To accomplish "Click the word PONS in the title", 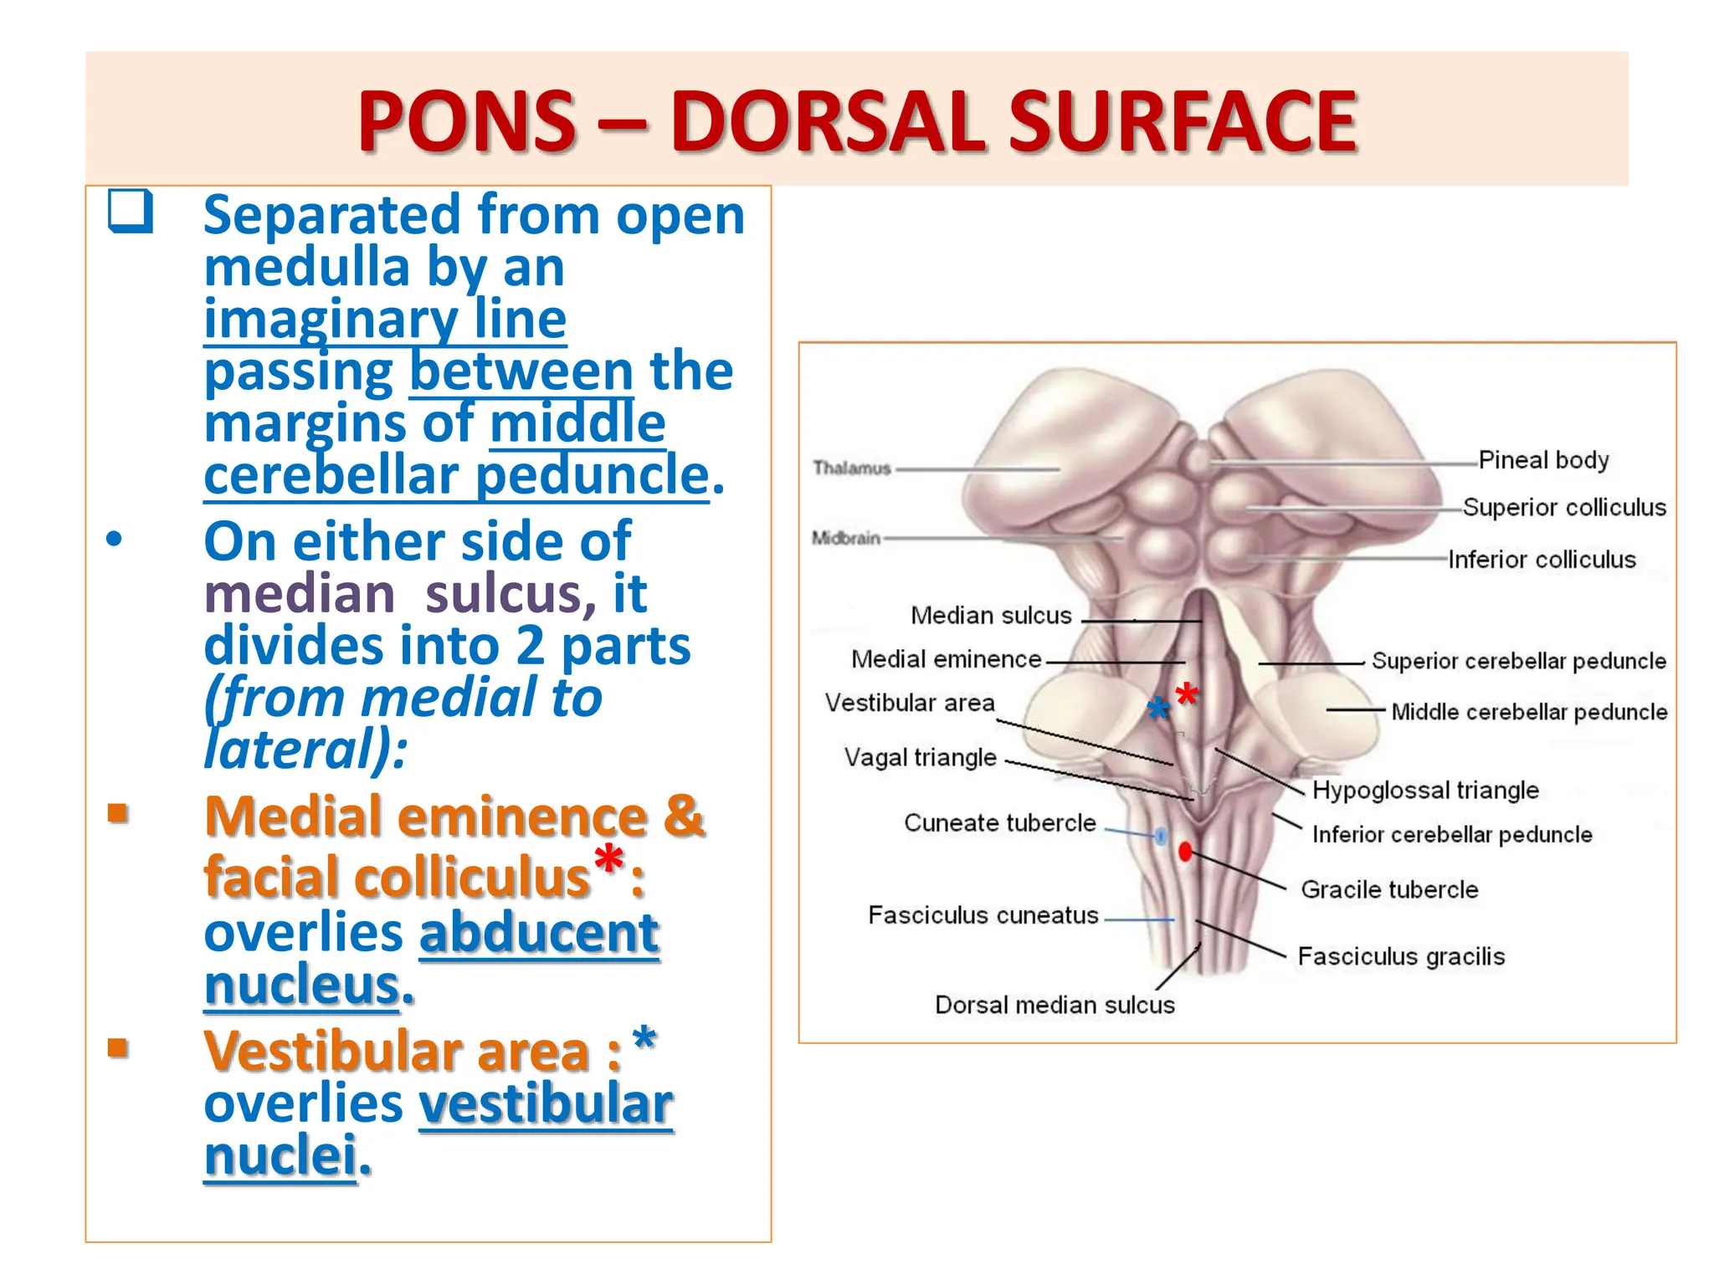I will click(x=467, y=122).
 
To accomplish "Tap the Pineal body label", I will click(x=1543, y=460).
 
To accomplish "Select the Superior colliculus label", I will click(x=1564, y=508).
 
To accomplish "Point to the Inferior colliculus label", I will click(x=1542, y=560).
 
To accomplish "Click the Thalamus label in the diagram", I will click(x=852, y=468).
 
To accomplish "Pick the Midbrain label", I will click(x=846, y=538).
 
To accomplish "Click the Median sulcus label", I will click(x=991, y=616).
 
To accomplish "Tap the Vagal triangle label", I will click(x=920, y=758).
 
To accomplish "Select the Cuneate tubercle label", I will click(x=999, y=823).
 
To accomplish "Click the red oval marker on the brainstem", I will click(x=1185, y=852).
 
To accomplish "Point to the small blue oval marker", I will click(x=1162, y=835).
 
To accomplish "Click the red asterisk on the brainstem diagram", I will click(x=1187, y=694).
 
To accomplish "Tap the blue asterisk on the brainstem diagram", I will click(x=1158, y=709).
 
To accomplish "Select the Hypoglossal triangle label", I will click(x=1425, y=791).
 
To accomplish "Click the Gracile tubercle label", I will click(x=1389, y=889).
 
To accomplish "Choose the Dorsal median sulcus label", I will click(x=1055, y=1005).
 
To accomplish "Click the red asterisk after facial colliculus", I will click(x=608, y=859).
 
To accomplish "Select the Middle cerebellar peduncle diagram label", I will click(x=1529, y=712).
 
